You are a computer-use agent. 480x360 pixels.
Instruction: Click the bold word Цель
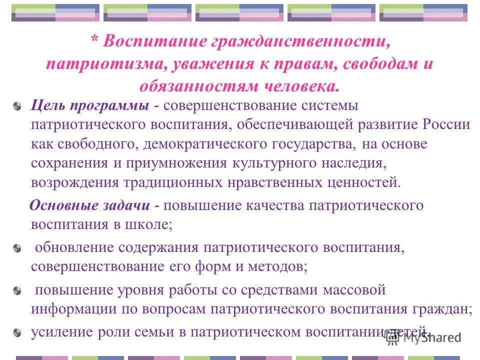tap(48, 105)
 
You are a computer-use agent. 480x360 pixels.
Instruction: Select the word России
tap(446, 124)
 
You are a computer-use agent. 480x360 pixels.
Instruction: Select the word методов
tap(281, 266)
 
